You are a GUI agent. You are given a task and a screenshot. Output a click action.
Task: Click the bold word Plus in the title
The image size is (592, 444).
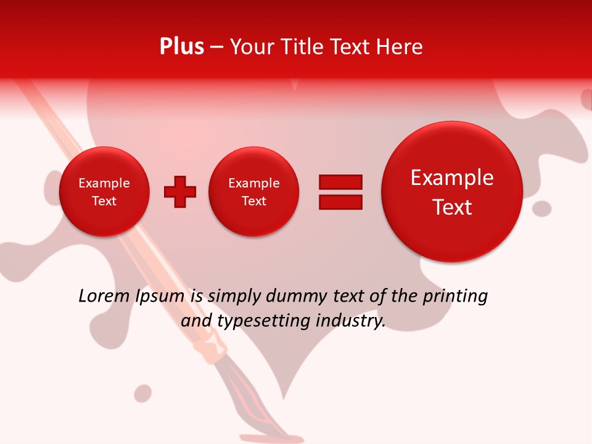click(x=181, y=47)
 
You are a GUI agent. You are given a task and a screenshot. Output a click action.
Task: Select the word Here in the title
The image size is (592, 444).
click(x=400, y=47)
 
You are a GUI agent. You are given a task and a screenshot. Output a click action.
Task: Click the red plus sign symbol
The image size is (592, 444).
click(x=180, y=192)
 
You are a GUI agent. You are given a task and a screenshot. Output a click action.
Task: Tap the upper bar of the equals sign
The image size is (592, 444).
click(x=340, y=182)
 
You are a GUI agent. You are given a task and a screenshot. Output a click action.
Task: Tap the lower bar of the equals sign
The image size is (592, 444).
click(x=340, y=202)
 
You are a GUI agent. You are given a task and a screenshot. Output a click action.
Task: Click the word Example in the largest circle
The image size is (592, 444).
click(x=452, y=178)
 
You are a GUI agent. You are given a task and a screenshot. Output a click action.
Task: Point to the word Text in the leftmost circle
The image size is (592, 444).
click(x=104, y=201)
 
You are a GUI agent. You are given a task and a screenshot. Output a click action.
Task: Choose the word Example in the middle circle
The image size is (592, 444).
click(x=253, y=183)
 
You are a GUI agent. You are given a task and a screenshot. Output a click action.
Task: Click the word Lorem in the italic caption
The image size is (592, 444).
click(x=104, y=297)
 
